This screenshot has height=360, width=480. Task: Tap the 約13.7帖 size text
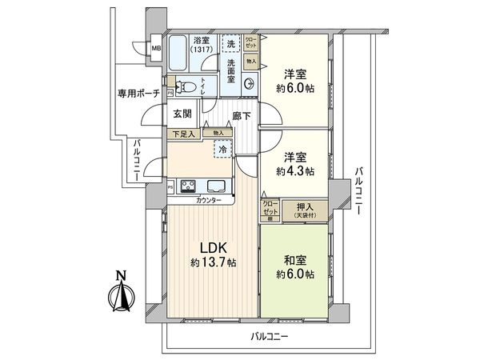pos(213,262)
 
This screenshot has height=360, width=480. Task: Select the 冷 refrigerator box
pos(222,149)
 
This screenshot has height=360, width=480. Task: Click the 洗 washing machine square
pos(231,44)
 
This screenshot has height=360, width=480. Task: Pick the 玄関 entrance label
pos(181,114)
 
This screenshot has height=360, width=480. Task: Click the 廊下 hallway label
pos(242,116)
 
